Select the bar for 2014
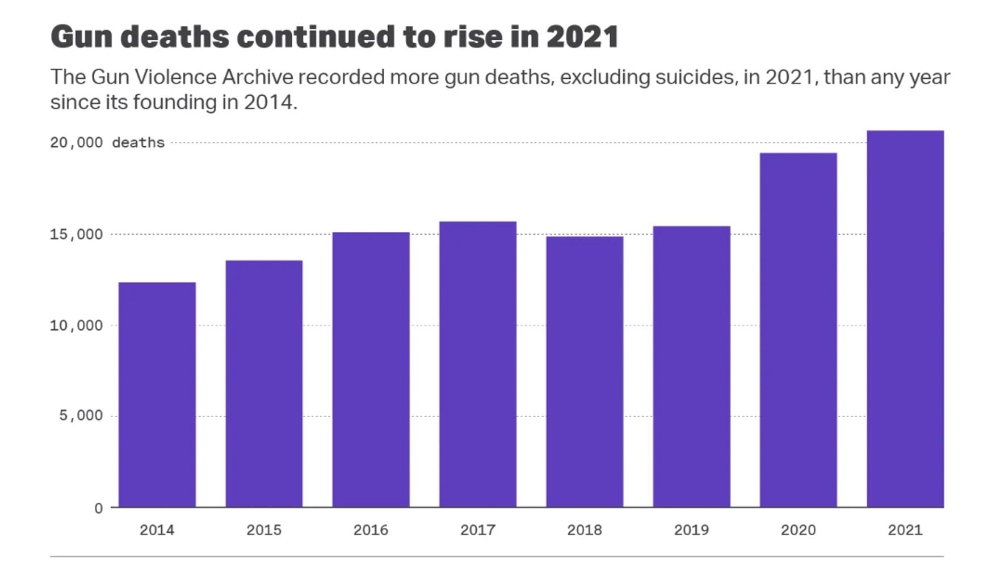157,395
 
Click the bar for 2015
264,384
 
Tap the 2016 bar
371,370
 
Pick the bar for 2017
478,364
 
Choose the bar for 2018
585,371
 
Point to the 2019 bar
691,366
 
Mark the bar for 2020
798,330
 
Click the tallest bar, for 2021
905,319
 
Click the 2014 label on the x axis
157,530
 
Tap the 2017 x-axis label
478,530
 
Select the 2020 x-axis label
798,530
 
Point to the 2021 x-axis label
905,530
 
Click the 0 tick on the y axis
98,508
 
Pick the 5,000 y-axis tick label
81,416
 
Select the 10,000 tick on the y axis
77,325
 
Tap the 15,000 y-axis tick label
77,234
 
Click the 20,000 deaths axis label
107,142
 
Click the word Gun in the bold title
82,37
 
